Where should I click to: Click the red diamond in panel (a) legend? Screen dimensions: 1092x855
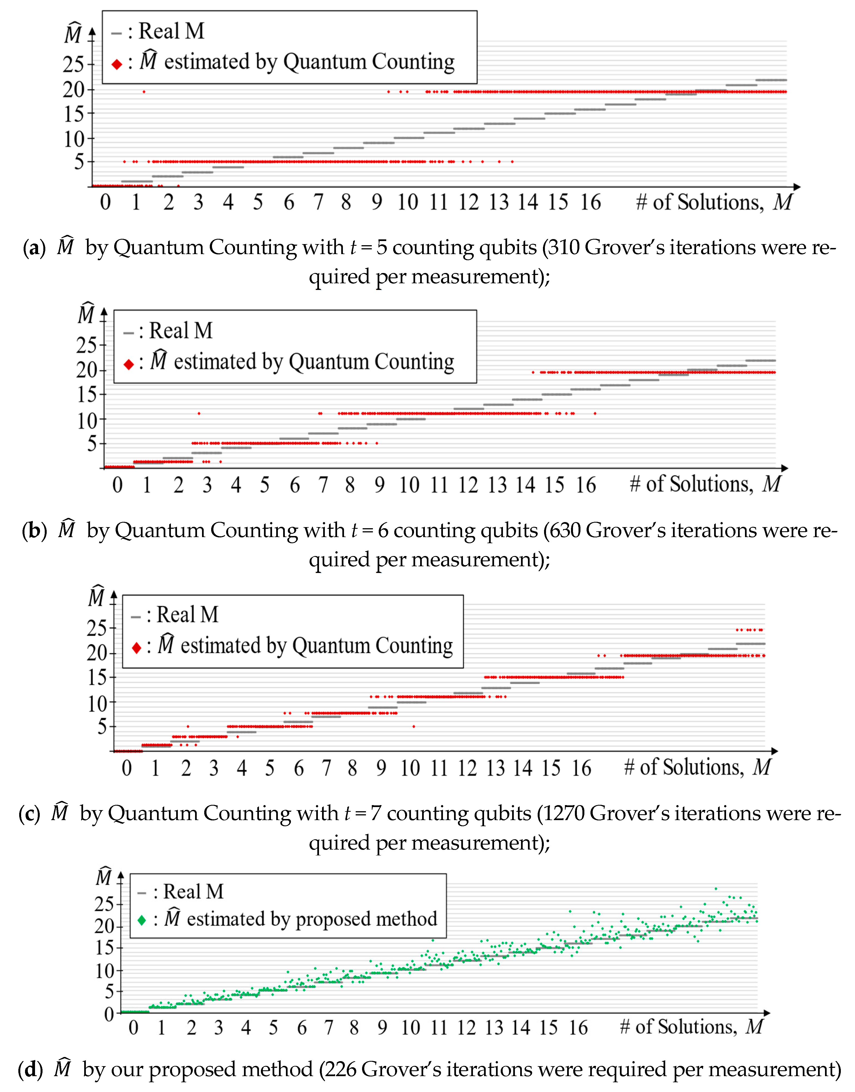point(117,64)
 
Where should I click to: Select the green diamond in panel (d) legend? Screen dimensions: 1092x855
point(142,920)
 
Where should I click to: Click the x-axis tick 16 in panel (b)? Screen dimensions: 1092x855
point(586,485)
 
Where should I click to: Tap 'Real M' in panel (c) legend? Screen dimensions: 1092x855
point(188,615)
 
